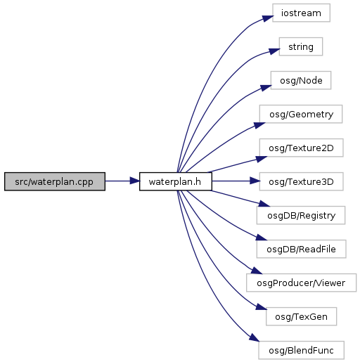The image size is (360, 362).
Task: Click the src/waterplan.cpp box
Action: [55, 181]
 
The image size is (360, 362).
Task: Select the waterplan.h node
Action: [176, 181]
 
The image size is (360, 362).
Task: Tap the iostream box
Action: [301, 13]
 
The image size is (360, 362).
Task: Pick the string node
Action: [301, 46]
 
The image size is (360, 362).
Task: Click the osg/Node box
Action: [301, 80]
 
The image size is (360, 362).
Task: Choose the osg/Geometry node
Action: [301, 114]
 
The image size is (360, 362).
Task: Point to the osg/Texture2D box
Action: [301, 148]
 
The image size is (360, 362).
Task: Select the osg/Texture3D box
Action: [301, 181]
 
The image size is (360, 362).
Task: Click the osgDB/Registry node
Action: [301, 215]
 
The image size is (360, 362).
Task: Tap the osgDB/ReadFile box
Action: [301, 249]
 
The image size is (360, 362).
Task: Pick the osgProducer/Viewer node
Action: [301, 283]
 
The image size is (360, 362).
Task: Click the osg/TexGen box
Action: [301, 316]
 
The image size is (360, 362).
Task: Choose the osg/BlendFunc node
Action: [301, 350]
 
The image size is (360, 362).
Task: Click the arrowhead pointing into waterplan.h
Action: [135, 181]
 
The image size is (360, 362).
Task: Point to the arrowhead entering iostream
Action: [268, 18]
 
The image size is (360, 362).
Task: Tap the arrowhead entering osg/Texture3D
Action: [255, 181]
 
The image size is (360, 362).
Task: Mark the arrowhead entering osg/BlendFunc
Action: [255, 337]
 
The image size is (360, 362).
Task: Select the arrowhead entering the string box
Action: [274, 51]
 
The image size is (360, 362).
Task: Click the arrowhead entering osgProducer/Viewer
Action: [256, 271]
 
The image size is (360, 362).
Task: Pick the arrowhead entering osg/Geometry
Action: [259, 125]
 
